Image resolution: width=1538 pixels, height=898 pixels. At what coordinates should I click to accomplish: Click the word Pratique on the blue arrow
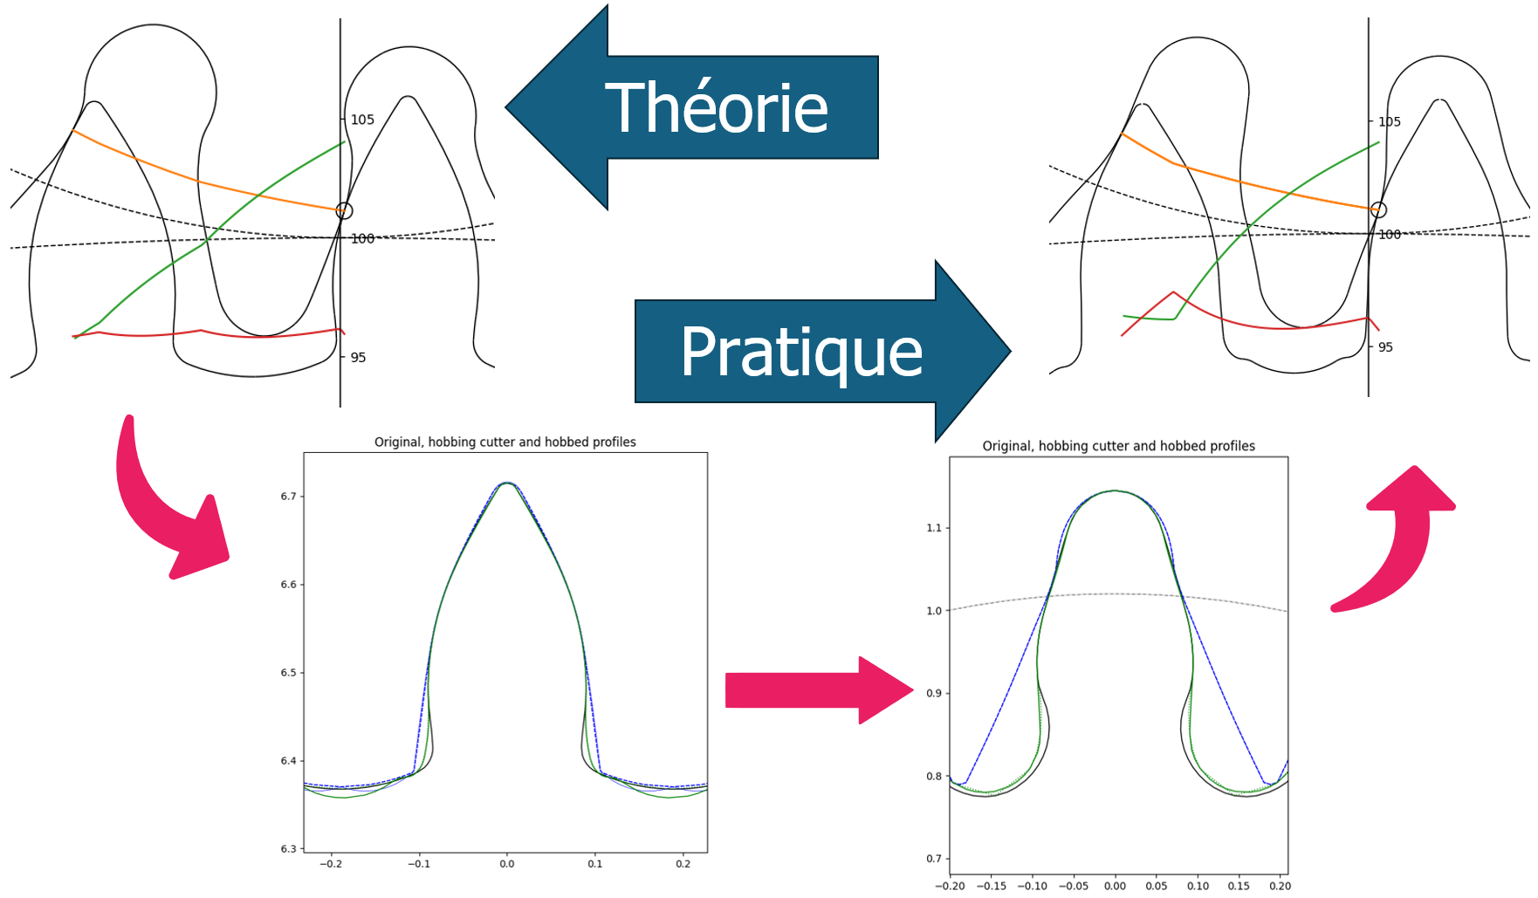[801, 353]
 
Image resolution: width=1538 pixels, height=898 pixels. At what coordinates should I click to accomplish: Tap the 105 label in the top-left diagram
[362, 120]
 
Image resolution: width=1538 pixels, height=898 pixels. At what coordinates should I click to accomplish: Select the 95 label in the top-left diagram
[358, 357]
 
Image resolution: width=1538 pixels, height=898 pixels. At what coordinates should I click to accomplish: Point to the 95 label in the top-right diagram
[1385, 347]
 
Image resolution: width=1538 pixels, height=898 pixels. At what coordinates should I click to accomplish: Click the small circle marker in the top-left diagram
[345, 210]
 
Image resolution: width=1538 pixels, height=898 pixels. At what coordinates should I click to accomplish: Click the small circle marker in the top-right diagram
[1378, 209]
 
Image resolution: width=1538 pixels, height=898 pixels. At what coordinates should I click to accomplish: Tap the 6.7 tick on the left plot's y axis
[288, 497]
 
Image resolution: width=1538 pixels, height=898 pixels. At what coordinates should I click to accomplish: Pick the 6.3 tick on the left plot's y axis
[288, 848]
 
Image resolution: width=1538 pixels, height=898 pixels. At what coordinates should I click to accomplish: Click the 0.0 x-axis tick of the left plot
[507, 864]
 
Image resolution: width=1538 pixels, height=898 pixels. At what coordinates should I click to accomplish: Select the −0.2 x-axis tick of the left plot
[330, 864]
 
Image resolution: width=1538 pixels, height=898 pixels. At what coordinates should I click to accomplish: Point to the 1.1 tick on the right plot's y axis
[934, 528]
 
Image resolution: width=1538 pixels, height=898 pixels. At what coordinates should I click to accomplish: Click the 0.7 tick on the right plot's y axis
[934, 859]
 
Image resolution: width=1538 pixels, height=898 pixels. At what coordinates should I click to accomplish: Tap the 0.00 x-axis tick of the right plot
[1115, 886]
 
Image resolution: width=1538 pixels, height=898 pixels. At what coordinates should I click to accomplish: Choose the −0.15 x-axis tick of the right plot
[992, 886]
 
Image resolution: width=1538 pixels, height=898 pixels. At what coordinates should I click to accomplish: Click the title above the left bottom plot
[505, 442]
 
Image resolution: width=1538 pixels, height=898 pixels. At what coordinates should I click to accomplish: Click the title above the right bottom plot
[1119, 446]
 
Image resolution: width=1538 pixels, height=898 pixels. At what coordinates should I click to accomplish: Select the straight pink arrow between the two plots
[819, 690]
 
